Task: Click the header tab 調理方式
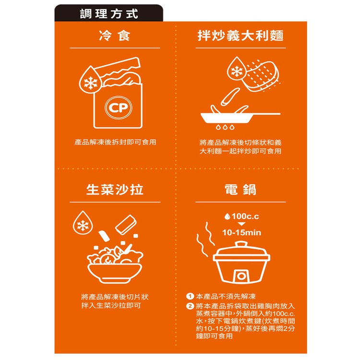point(109,13)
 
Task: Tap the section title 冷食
point(115,36)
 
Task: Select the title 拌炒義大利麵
point(240,36)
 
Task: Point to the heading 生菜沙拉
point(115,190)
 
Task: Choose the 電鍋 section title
point(240,190)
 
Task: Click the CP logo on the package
point(119,108)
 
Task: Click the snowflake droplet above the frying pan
point(237,69)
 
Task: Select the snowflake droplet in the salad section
point(83,223)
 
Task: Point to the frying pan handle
point(266,114)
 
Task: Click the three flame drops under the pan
point(225,127)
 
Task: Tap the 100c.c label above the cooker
point(242,216)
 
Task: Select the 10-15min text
point(242,233)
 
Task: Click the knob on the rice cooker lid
point(241,244)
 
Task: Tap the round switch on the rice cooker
point(241,276)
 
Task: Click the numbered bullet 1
point(190,297)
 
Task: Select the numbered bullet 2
point(190,306)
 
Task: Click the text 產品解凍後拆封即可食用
point(115,142)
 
